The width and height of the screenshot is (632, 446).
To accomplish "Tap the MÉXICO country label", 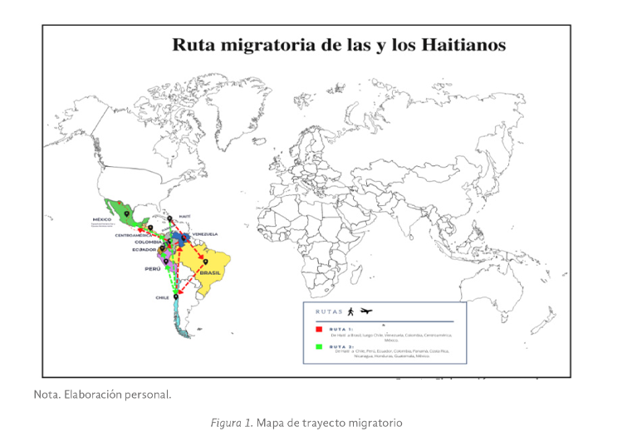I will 101,219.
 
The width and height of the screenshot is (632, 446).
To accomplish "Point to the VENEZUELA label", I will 204,235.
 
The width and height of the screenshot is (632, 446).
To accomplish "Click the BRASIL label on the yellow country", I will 210,272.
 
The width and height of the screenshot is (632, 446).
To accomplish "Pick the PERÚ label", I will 153,268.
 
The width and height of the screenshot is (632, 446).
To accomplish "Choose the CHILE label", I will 162,297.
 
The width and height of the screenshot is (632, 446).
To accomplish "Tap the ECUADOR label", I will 144,249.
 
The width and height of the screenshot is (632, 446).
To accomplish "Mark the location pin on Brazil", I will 205,262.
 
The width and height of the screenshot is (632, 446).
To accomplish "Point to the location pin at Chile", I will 176,297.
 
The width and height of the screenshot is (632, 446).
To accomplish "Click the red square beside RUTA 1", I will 320,328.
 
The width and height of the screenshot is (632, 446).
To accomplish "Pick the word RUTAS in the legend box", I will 330,312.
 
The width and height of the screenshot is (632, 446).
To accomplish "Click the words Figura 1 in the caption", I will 230,423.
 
